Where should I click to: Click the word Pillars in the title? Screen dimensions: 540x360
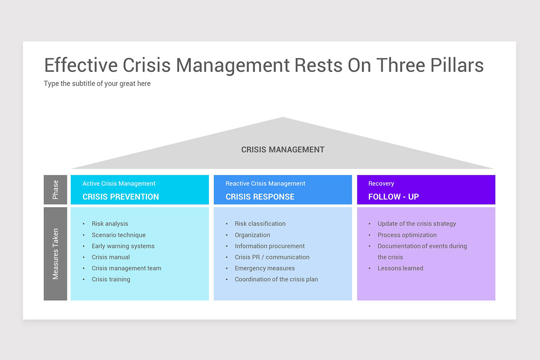point(457,65)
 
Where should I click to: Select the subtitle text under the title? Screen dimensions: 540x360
point(97,83)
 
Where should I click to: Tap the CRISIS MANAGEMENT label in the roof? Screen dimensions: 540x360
point(283,149)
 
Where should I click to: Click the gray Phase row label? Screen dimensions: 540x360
point(55,189)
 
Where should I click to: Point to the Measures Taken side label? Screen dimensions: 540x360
point(55,254)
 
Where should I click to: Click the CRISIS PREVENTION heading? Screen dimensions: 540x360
point(121,197)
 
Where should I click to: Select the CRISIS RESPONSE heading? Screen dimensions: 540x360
point(260,197)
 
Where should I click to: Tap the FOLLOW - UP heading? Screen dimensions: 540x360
point(393,197)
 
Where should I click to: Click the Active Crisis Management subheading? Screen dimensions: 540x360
point(119,184)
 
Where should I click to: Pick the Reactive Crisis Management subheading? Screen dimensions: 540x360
point(265,184)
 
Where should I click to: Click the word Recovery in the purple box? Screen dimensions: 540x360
point(381,184)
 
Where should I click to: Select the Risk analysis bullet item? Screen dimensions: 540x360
point(110,224)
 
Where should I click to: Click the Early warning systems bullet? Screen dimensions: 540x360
point(123,246)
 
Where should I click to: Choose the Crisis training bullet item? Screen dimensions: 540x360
point(111,279)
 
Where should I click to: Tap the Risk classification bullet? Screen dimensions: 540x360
point(260,224)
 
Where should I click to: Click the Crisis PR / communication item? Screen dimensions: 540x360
point(272,257)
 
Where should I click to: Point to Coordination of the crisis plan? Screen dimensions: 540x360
point(276,279)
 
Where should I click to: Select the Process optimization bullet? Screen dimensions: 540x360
point(407,235)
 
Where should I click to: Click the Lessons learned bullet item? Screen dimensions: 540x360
point(400,268)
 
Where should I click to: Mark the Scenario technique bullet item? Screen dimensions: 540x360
point(119,235)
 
